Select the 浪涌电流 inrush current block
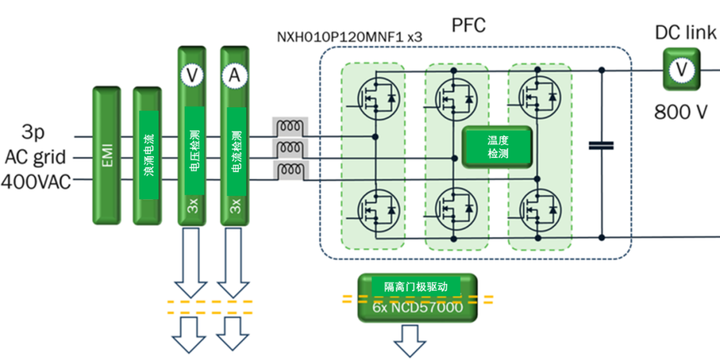(147, 155)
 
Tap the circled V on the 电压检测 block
(193, 76)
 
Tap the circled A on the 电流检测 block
(235, 76)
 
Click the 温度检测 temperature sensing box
(497, 146)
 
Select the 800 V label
(681, 111)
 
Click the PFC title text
(469, 26)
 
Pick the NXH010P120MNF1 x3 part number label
(349, 37)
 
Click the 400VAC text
(37, 181)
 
